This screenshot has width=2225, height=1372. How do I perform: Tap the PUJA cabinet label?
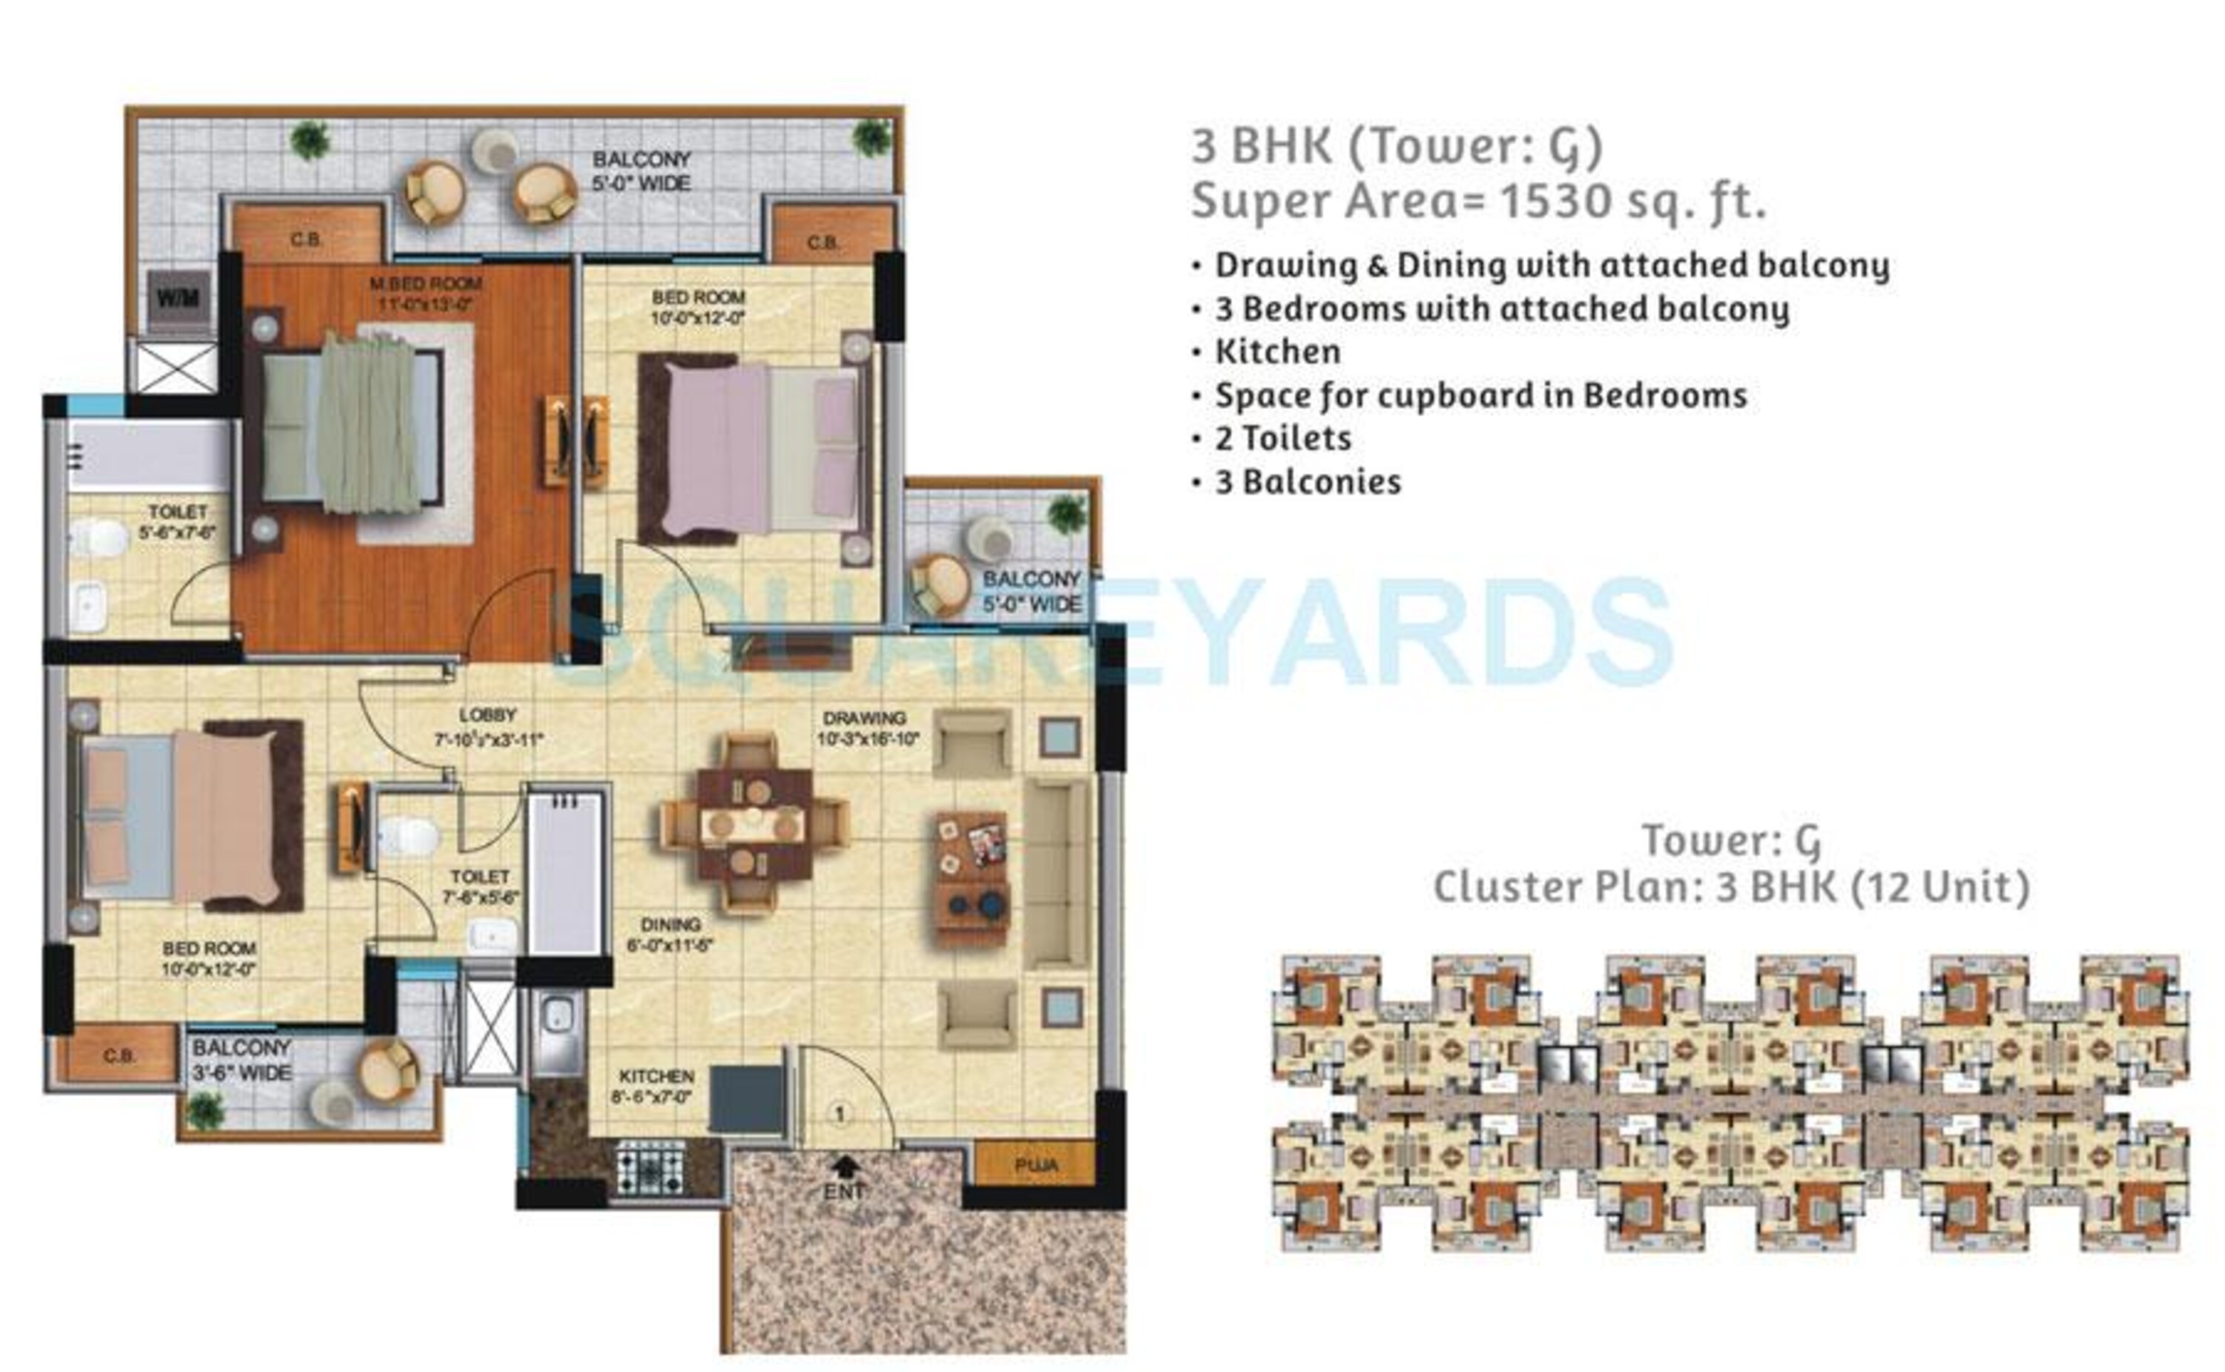(1035, 1165)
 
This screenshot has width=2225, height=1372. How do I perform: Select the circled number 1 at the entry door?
(840, 1113)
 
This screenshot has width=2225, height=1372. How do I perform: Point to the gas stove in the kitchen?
(650, 1172)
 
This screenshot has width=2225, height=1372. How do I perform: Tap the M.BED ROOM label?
(425, 284)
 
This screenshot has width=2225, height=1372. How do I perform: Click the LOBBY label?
(487, 715)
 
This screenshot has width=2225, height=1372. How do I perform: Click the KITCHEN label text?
(656, 1076)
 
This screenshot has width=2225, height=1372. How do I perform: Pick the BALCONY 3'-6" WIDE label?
(241, 1060)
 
